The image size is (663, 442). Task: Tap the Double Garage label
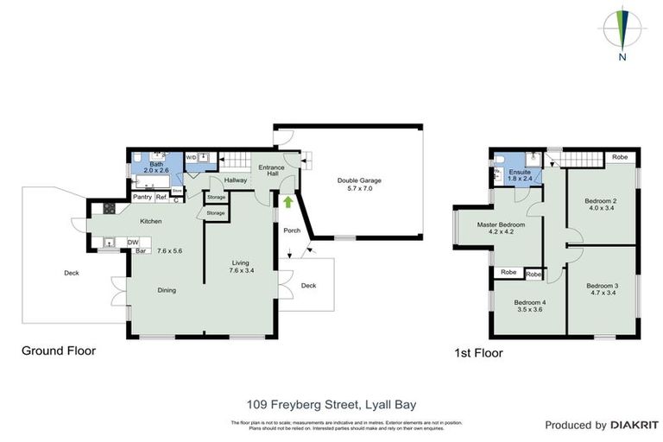coord(358,185)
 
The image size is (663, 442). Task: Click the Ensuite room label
coord(520,176)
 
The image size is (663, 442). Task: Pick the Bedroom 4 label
coord(528,306)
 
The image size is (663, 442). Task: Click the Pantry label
coord(142,198)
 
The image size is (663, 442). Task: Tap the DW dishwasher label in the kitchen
coord(133,243)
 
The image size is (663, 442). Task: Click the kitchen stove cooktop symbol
coord(110,208)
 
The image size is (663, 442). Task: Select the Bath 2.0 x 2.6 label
coord(156,168)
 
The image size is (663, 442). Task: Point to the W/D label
coord(191,157)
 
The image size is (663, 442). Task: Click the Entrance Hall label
coord(266,170)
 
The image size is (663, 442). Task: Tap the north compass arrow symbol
coord(622,30)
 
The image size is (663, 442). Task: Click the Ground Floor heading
coord(59,350)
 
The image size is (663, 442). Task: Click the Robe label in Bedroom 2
coord(619,158)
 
